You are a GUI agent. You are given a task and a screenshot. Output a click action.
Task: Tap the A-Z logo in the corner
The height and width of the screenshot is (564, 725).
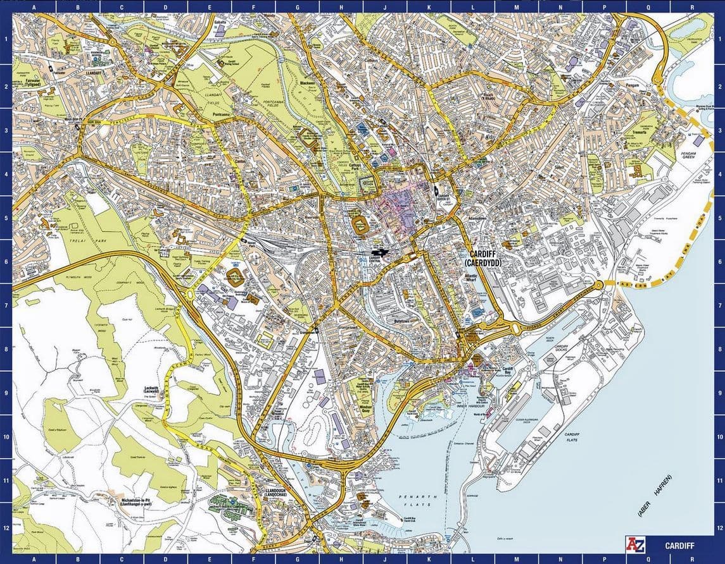tap(634, 544)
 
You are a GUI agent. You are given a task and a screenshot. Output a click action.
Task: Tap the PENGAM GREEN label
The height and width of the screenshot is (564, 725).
tap(689, 154)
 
